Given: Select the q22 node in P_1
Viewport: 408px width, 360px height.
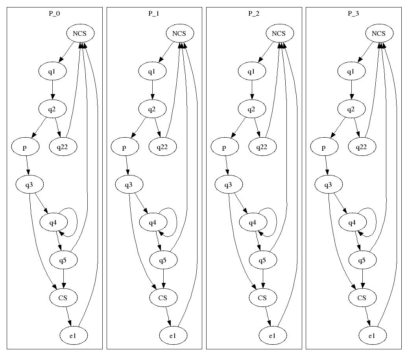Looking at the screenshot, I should tap(162, 147).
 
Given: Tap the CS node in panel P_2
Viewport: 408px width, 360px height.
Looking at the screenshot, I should tap(262, 298).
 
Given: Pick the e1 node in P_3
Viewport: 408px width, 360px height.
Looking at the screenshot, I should tap(372, 336).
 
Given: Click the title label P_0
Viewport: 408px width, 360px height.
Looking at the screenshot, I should tap(54, 13).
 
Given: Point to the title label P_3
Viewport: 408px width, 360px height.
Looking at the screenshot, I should tap(353, 13).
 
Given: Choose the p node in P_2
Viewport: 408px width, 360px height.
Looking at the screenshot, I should tap(224, 147).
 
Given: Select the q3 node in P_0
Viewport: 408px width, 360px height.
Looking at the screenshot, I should tap(30, 185).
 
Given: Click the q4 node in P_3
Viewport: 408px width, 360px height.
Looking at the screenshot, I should tap(352, 222).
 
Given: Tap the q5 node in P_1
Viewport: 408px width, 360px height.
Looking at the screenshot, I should tap(163, 260).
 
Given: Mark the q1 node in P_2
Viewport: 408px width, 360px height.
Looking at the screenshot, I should tap(251, 71).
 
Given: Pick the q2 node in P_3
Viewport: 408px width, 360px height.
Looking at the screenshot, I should tap(351, 109).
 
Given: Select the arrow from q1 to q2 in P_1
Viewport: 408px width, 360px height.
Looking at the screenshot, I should tap(152, 90).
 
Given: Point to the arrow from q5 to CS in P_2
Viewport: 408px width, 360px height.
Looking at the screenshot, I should tap(263, 279).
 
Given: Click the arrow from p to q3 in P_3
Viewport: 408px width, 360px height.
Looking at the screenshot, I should tap(326, 166).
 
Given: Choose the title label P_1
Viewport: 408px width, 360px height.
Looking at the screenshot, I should tap(154, 13).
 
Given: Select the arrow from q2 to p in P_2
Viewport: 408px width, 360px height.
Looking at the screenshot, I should tap(238, 129).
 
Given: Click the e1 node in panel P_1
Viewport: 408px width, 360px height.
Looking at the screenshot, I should tap(173, 336).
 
